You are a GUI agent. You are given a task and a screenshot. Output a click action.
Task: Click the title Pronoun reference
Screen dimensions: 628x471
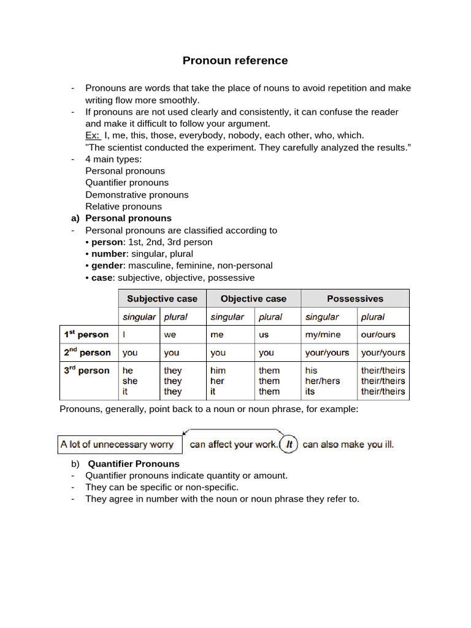[x=235, y=60]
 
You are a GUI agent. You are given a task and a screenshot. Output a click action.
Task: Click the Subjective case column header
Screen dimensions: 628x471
[x=162, y=299]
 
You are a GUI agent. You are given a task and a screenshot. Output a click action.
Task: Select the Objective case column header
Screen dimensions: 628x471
[x=253, y=299]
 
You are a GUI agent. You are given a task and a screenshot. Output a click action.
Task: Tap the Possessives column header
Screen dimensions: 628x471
[x=354, y=299]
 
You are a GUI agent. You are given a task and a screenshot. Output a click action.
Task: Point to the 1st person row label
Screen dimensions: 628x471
[x=86, y=334]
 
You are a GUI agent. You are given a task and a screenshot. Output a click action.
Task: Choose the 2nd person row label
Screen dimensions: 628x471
[x=87, y=353]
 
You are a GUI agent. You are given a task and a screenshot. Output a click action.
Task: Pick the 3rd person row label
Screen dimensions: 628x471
[x=86, y=370]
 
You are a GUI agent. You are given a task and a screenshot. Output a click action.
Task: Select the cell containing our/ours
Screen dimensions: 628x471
[x=378, y=334]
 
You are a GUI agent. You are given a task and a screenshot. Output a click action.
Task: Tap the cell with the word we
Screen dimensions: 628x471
[x=170, y=334]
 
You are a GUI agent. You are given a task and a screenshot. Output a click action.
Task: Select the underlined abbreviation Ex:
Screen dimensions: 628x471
[x=93, y=135]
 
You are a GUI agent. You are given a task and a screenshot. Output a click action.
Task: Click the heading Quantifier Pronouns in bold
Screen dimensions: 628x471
[x=134, y=464]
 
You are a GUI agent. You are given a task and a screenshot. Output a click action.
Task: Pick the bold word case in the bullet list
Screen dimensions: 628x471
[x=103, y=277]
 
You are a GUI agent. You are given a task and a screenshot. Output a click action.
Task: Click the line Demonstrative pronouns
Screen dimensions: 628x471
[x=137, y=194]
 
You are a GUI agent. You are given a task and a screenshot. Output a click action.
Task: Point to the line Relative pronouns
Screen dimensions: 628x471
[x=123, y=206]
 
